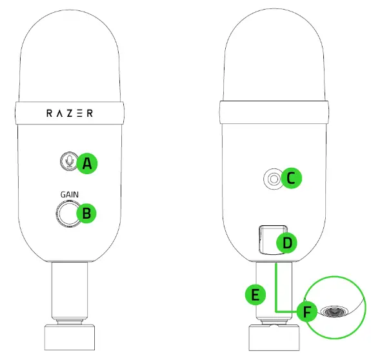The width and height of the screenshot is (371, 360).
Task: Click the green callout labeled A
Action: pyautogui.click(x=86, y=164)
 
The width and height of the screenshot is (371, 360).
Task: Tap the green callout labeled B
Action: pyautogui.click(x=86, y=214)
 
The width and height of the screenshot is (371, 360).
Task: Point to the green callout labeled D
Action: pyautogui.click(x=286, y=243)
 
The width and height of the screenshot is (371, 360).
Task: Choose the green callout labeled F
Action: pyautogui.click(x=308, y=313)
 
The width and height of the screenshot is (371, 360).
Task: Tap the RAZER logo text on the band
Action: pyautogui.click(x=70, y=113)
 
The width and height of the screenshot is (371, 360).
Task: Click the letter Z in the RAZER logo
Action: pyautogui.click(x=70, y=113)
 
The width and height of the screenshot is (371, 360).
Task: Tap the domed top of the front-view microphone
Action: pyautogui.click(x=70, y=52)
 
